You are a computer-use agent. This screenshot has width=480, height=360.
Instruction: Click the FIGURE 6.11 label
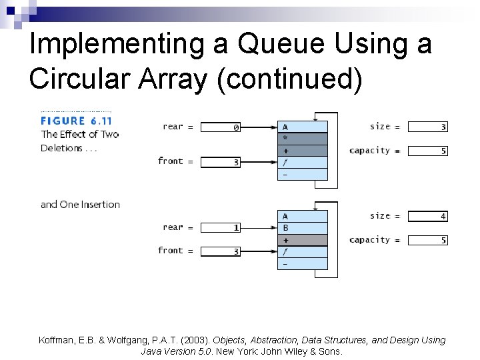76,121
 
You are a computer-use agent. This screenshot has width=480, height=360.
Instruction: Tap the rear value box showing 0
221,127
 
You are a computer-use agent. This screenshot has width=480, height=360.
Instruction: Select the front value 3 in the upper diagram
221,162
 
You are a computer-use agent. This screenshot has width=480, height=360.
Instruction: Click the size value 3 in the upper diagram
427,127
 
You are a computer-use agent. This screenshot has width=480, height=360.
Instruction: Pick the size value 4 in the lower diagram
427,216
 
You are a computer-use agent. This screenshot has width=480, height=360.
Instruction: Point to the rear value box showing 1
221,228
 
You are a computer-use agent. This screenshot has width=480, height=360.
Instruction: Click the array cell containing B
303,228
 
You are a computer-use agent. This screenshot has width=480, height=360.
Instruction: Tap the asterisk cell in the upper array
303,139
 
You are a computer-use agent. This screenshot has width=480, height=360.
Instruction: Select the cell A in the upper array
303,127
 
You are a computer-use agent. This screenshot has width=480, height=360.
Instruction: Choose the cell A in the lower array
303,216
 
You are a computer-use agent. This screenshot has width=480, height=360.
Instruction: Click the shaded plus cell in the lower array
303,240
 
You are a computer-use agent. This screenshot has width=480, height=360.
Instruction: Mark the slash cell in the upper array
303,162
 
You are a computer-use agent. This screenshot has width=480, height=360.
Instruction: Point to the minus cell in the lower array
303,263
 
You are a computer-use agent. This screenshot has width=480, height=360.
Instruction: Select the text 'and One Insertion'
80,205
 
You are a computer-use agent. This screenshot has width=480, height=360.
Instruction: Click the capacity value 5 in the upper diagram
427,151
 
